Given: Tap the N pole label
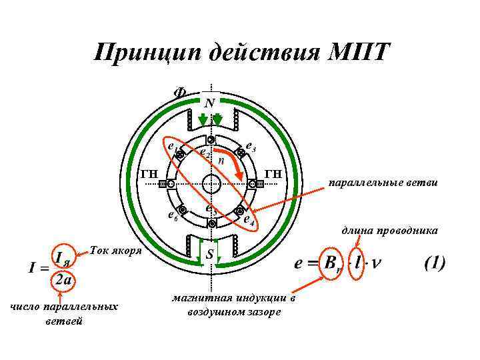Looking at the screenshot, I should tap(209, 103).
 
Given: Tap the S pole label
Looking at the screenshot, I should tap(209, 255).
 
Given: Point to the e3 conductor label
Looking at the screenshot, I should tap(251, 145).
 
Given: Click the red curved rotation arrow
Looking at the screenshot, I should tap(231, 157).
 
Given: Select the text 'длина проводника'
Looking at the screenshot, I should tap(389, 231).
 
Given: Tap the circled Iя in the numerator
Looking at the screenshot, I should tap(63, 257).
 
